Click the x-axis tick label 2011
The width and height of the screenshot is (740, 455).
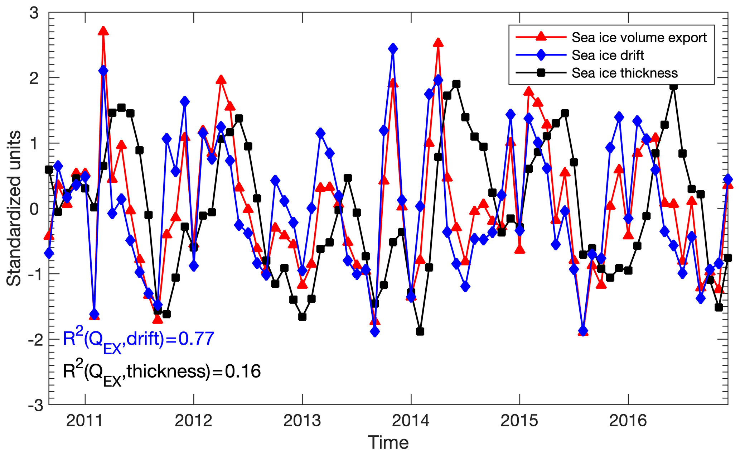click(85, 421)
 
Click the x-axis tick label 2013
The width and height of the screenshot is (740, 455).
click(302, 421)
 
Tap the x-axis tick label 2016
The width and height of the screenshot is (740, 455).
click(628, 421)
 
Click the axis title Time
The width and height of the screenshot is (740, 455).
click(388, 442)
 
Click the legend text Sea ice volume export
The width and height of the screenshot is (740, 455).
click(639, 38)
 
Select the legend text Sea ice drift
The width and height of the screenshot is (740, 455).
click(608, 55)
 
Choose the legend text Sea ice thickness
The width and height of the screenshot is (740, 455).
click(625, 73)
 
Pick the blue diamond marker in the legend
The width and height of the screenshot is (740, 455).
click(541, 55)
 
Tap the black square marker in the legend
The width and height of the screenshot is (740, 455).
click(541, 73)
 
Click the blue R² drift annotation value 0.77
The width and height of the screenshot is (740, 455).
click(196, 339)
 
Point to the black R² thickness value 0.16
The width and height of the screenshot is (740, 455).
click(243, 372)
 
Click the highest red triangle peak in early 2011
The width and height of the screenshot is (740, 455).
click(103, 31)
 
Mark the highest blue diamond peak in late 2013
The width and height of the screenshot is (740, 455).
click(393, 48)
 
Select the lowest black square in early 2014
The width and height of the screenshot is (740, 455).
click(420, 332)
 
